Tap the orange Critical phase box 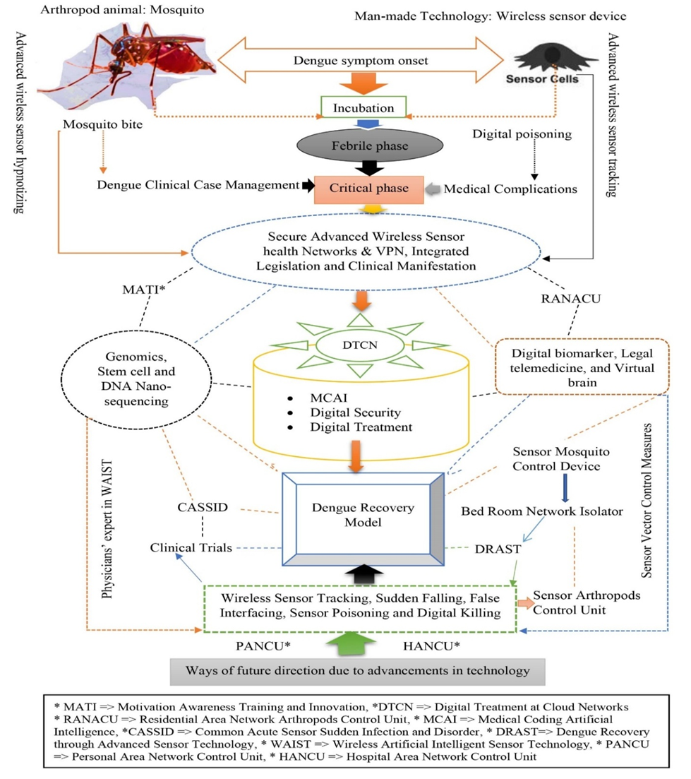369,189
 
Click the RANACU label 572,299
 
